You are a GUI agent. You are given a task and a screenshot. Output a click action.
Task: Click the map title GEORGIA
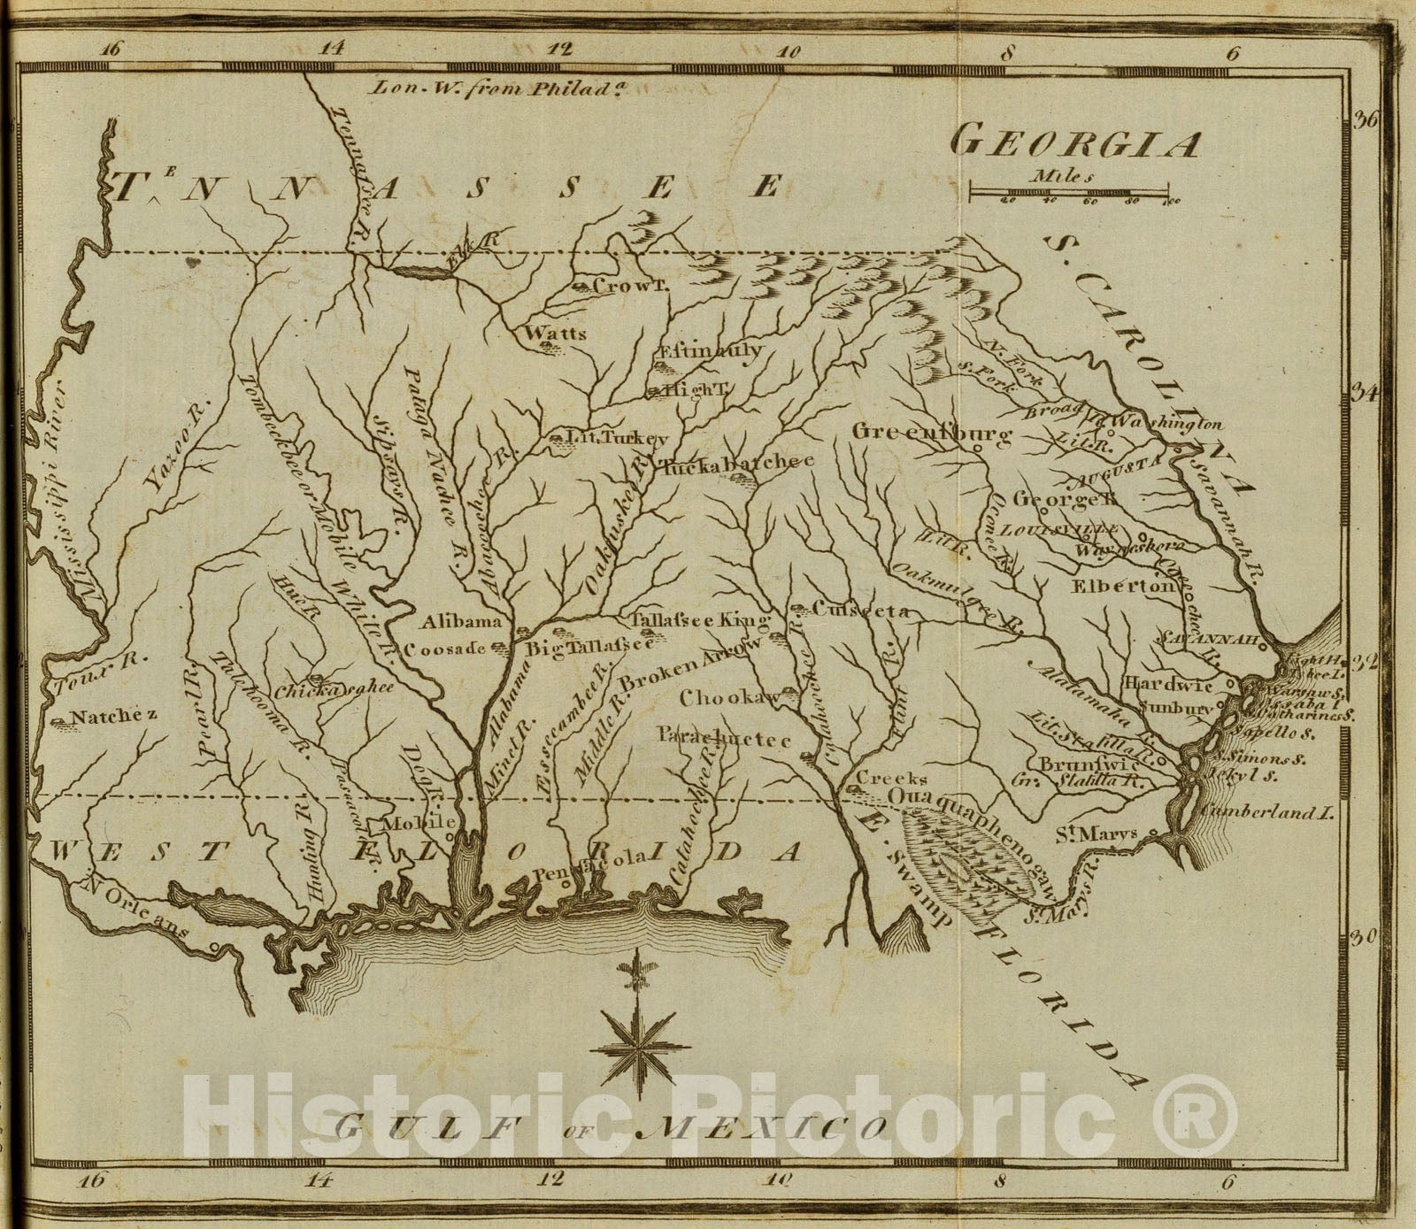[x=1076, y=142]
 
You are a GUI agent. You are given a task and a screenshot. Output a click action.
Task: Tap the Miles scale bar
[x=1069, y=190]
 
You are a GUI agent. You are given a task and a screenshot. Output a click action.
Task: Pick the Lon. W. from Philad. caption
[x=488, y=88]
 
